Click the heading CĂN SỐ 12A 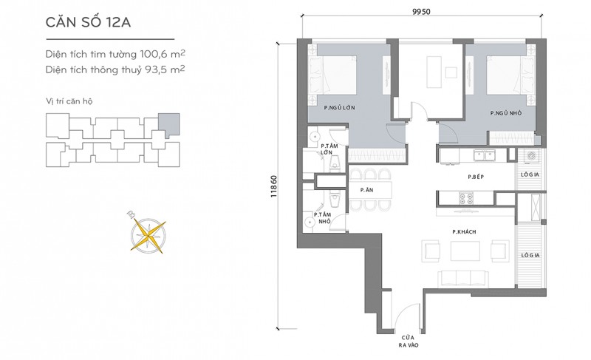[88, 22]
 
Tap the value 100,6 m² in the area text [163, 54]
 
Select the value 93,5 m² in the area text [165, 69]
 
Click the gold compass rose [147, 235]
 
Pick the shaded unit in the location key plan [169, 124]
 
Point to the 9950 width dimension [421, 11]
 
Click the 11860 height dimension [274, 186]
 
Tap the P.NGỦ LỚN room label [340, 107]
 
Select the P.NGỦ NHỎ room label [506, 112]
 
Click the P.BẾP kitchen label [476, 177]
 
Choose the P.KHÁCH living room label [465, 232]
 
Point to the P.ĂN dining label [366, 190]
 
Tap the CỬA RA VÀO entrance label [409, 342]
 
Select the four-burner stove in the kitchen [465, 199]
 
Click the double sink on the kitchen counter [485, 155]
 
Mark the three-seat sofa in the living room [464, 278]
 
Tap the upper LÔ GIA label [530, 174]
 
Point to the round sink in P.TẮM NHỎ [310, 223]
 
